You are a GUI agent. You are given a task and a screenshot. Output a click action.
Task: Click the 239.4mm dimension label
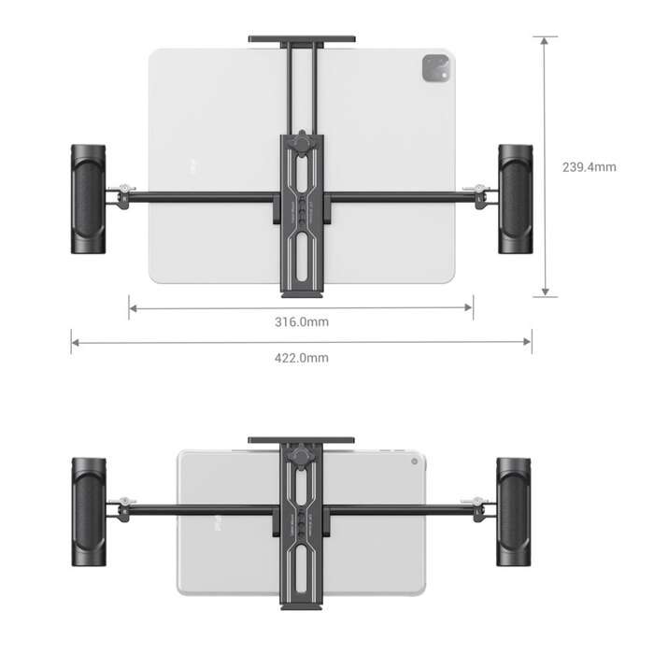(589, 167)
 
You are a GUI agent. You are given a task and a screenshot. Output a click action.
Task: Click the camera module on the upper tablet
(436, 67)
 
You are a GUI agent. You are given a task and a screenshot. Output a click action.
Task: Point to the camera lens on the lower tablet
(414, 462)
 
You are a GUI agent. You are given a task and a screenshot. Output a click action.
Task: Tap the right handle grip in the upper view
(515, 198)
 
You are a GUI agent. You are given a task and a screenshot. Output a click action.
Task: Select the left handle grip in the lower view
(90, 513)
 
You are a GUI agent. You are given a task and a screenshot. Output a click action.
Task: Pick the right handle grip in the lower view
(514, 513)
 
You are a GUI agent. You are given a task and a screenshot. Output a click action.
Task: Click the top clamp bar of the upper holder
(301, 39)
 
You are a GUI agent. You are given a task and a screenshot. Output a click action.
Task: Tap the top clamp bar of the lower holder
(301, 440)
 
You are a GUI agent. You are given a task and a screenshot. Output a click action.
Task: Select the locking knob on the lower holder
(302, 458)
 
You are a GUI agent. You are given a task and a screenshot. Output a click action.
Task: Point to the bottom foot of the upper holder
(302, 291)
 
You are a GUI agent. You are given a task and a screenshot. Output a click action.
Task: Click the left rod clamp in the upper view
(121, 197)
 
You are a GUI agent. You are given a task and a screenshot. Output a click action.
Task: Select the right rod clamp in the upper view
(481, 196)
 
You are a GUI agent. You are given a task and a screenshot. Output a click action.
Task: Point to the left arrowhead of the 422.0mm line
(75, 342)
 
